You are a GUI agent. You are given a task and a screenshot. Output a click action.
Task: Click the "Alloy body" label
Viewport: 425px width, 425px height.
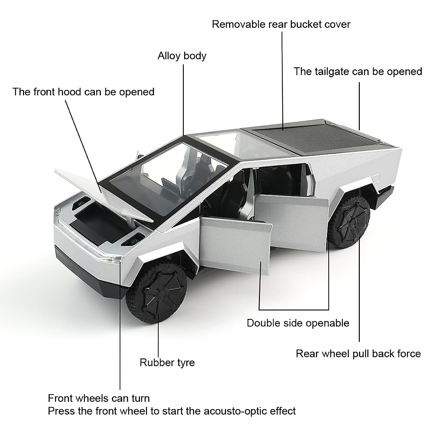182,56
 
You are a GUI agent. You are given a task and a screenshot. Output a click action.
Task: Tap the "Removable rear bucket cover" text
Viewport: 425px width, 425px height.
281,24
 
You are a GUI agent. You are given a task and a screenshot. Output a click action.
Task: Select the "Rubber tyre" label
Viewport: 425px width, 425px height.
167,362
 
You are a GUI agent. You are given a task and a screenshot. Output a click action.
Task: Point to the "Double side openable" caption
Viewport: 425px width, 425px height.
298,323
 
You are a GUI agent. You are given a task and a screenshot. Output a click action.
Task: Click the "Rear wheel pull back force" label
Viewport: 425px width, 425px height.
358,353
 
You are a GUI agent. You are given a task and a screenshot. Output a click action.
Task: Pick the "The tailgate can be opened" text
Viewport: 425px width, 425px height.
358,72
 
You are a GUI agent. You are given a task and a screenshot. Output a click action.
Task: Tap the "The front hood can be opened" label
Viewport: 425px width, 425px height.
84,92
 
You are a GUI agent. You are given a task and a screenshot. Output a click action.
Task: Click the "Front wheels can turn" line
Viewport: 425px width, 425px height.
99,398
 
